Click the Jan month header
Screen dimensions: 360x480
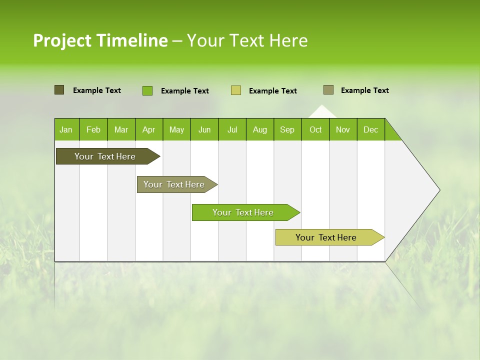tap(66, 130)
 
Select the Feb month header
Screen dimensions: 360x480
tap(93, 130)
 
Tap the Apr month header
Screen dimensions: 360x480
tap(148, 130)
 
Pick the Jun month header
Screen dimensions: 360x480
tap(204, 130)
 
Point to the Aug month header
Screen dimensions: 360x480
tap(259, 130)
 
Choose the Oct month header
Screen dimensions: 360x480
tap(315, 130)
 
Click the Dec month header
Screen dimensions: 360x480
tap(370, 130)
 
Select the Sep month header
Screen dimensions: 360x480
tap(287, 130)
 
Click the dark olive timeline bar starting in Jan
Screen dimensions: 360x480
tap(105, 156)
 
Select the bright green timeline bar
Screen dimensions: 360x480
tap(243, 212)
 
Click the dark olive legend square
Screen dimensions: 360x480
tap(59, 90)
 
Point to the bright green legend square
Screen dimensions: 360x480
tap(147, 90)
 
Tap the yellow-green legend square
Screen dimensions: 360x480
tap(236, 90)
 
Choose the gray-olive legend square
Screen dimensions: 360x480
tap(328, 90)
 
